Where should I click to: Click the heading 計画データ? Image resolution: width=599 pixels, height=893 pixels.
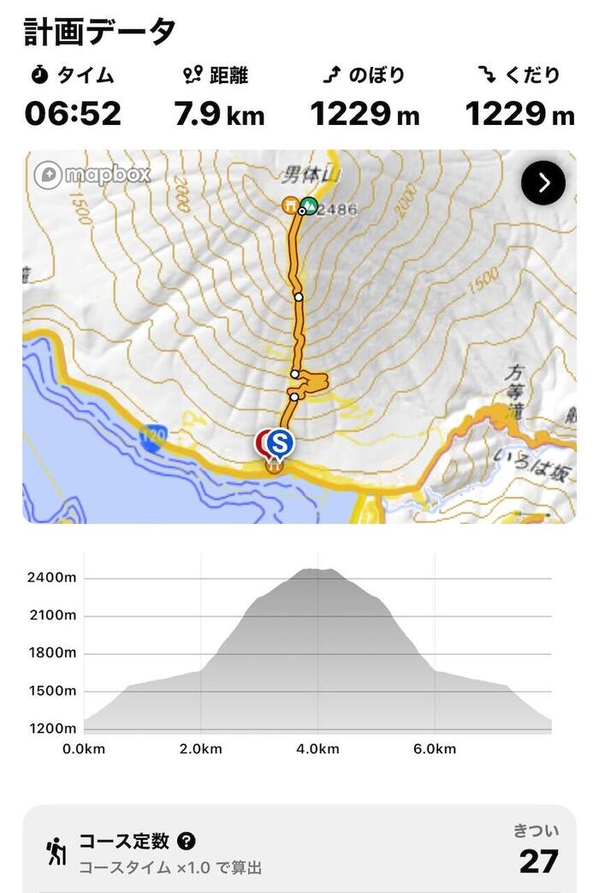[99, 31]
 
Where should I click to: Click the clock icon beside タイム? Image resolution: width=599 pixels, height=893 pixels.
[39, 76]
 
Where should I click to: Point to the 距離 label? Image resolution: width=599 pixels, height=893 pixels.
[228, 76]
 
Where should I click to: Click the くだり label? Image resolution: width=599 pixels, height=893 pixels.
[531, 76]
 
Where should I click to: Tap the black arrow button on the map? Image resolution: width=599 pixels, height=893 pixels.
[543, 182]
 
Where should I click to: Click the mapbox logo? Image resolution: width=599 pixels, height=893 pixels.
[92, 175]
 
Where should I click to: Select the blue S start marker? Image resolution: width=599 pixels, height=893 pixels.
[279, 443]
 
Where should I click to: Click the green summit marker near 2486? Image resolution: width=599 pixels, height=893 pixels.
[309, 205]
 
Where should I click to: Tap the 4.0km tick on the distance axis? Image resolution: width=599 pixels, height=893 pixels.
[317, 749]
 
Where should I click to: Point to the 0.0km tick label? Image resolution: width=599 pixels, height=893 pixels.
[84, 749]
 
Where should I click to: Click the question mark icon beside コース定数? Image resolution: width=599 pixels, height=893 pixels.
[187, 842]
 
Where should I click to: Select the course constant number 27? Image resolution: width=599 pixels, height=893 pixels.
[538, 861]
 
